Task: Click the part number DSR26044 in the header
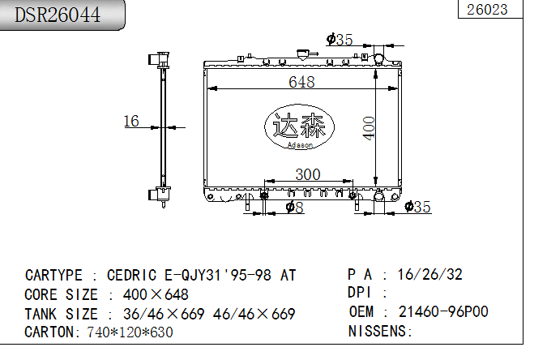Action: [x=59, y=15]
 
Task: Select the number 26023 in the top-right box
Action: [x=488, y=9]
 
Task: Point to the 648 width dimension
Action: [x=301, y=81]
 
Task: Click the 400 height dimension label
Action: [x=370, y=127]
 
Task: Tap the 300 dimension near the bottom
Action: [x=307, y=174]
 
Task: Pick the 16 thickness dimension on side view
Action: [x=131, y=121]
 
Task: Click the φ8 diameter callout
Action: [x=295, y=208]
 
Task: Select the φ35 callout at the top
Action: [x=340, y=39]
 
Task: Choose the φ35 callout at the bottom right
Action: [x=417, y=207]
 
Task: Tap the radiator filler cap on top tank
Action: [x=305, y=54]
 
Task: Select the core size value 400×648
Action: [x=156, y=294]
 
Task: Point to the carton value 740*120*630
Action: [x=130, y=332]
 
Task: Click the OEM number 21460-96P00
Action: [x=443, y=312]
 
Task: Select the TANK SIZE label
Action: [x=62, y=314]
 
